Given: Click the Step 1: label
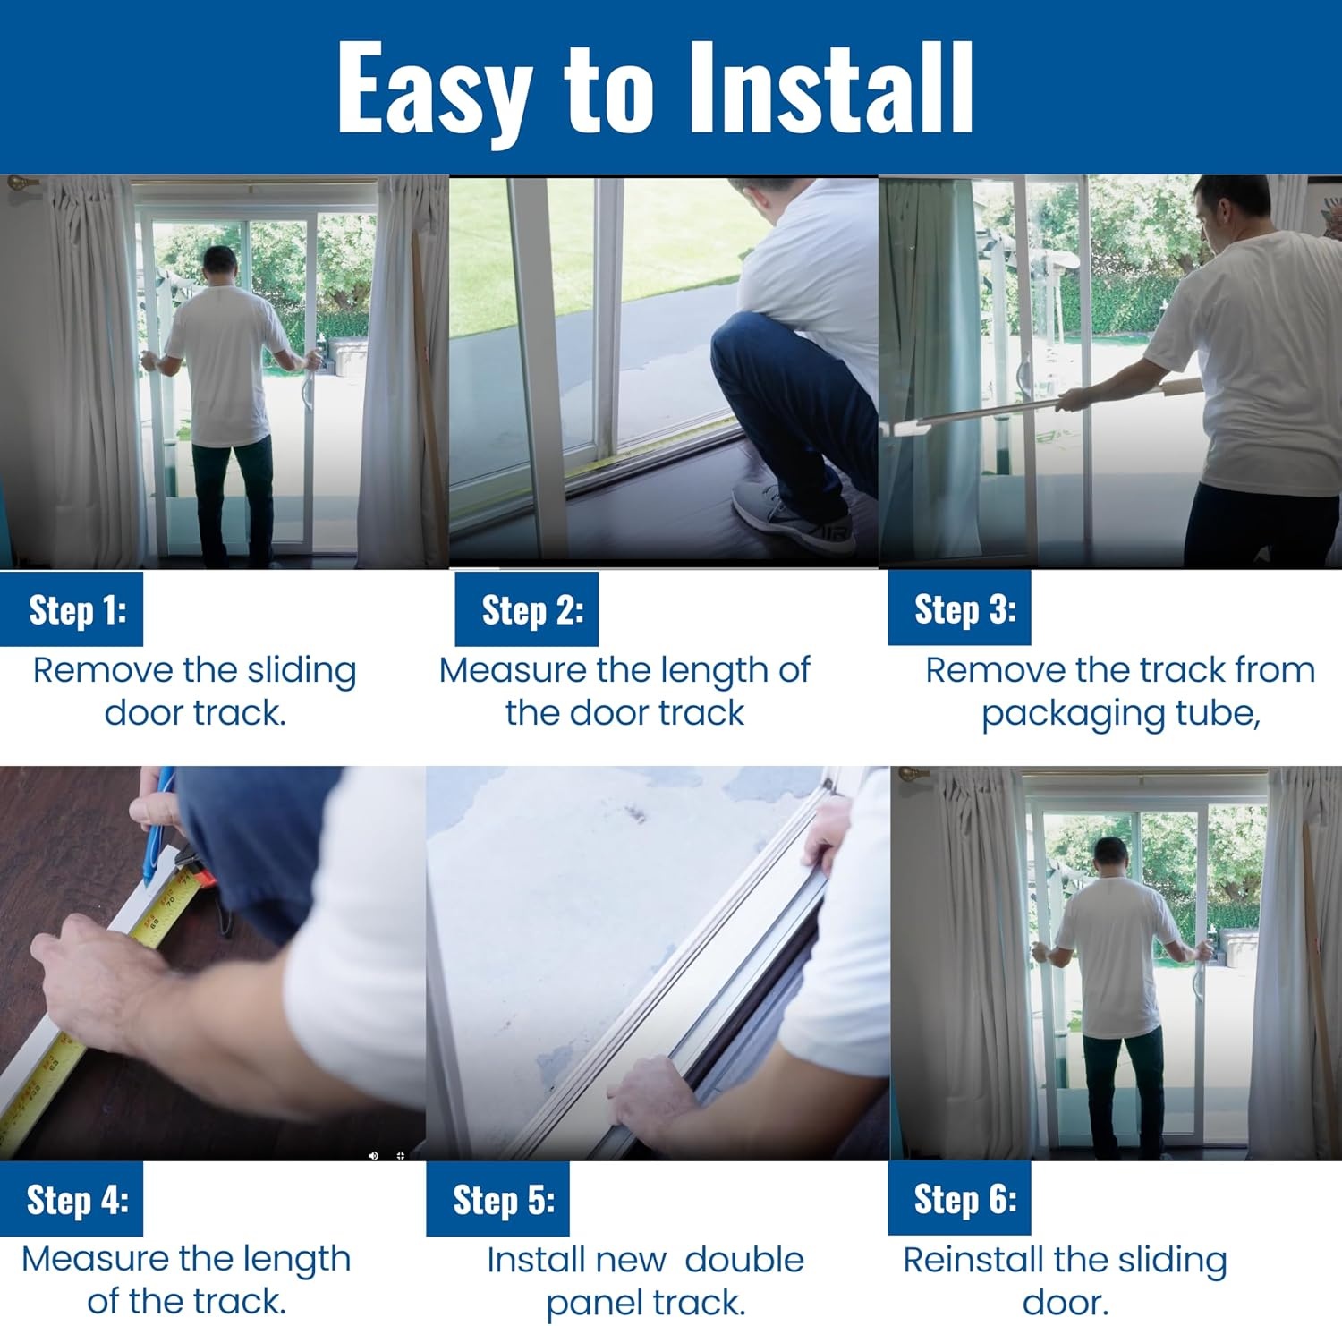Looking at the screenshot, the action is click(78, 610).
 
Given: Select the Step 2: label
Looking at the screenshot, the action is click(533, 610).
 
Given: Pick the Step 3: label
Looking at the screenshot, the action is click(965, 609).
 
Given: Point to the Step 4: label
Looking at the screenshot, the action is click(78, 1200).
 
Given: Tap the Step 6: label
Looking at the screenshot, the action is click(965, 1199).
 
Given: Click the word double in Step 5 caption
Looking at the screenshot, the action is click(744, 1260).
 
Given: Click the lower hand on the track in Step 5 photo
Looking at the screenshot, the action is click(651, 1094).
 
